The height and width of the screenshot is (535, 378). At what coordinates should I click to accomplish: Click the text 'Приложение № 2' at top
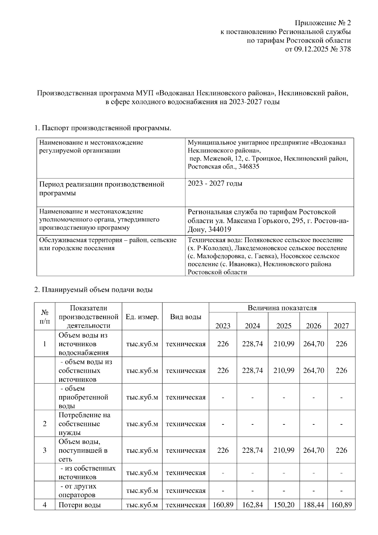point(323,23)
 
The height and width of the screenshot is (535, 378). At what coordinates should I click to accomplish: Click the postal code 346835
point(249,166)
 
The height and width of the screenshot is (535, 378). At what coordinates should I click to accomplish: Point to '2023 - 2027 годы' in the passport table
point(215,183)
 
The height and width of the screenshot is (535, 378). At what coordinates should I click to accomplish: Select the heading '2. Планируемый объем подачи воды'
point(93,290)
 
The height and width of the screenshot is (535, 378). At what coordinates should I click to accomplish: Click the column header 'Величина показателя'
point(282,308)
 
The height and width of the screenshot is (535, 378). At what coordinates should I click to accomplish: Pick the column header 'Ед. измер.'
point(142,317)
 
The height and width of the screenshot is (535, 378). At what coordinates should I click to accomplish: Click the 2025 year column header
point(283,325)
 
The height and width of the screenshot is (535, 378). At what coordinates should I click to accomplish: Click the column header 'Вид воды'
point(186,317)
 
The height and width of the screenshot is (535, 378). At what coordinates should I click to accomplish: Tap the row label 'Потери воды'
point(80,505)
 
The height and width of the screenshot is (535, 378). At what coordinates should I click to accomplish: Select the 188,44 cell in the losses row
point(313,505)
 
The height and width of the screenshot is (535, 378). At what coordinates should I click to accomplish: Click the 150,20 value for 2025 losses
point(283,505)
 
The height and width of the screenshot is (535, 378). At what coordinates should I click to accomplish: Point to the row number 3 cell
point(44,450)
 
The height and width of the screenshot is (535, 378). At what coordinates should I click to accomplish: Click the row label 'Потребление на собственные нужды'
point(84,424)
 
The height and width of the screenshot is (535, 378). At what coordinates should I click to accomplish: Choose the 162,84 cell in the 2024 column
point(252,505)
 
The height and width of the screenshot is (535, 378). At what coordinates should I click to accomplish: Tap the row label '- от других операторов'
point(78,491)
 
